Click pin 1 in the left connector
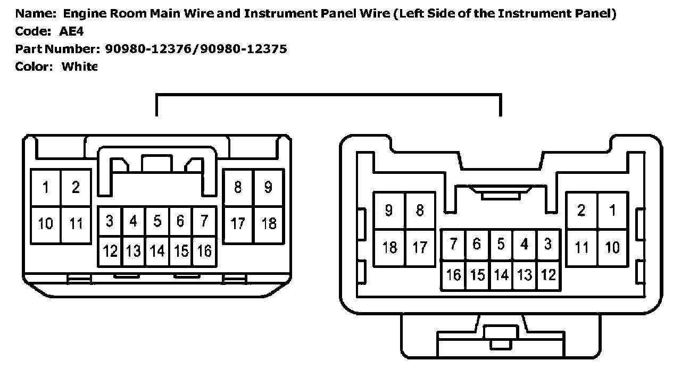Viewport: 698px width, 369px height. coord(46,187)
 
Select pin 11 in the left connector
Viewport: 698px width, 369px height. coord(76,223)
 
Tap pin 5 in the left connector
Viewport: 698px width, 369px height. coord(157,221)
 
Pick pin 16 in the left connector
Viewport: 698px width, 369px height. coord(204,250)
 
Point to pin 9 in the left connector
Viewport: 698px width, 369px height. coord(268,187)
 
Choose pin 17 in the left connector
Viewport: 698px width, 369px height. coord(238,223)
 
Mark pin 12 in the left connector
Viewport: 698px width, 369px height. coord(110,250)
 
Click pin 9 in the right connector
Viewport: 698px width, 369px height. coord(389,211)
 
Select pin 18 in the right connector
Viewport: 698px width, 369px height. coord(389,247)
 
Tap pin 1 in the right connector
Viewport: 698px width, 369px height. coord(612,211)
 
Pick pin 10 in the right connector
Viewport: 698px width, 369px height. coord(612,247)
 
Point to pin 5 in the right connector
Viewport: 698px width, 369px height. coord(501,244)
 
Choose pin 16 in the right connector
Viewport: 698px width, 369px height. coord(453,275)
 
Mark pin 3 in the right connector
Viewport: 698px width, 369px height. coord(548,244)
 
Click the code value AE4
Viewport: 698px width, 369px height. coord(71,31)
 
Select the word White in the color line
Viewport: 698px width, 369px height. coord(79,67)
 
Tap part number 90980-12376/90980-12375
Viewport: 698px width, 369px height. coord(196,49)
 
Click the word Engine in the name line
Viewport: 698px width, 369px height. coord(82,14)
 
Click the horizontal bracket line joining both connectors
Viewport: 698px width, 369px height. coord(328,96)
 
